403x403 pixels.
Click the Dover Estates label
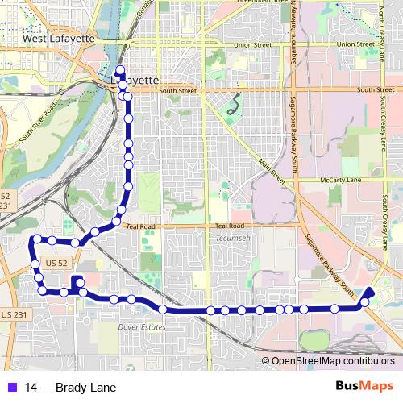pos(142,327)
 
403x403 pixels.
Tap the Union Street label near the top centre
pos(250,45)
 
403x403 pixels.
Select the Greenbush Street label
pos(263,3)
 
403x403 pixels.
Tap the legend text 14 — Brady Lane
pos(70,388)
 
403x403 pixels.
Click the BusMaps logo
pos(364,387)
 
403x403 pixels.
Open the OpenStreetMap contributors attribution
pos(333,361)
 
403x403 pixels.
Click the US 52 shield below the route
pos(56,263)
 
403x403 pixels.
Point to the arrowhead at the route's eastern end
pos(370,292)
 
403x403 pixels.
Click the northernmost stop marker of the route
pos(119,70)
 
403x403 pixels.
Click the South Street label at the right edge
pos(375,89)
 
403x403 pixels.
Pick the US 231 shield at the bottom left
pos(14,314)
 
